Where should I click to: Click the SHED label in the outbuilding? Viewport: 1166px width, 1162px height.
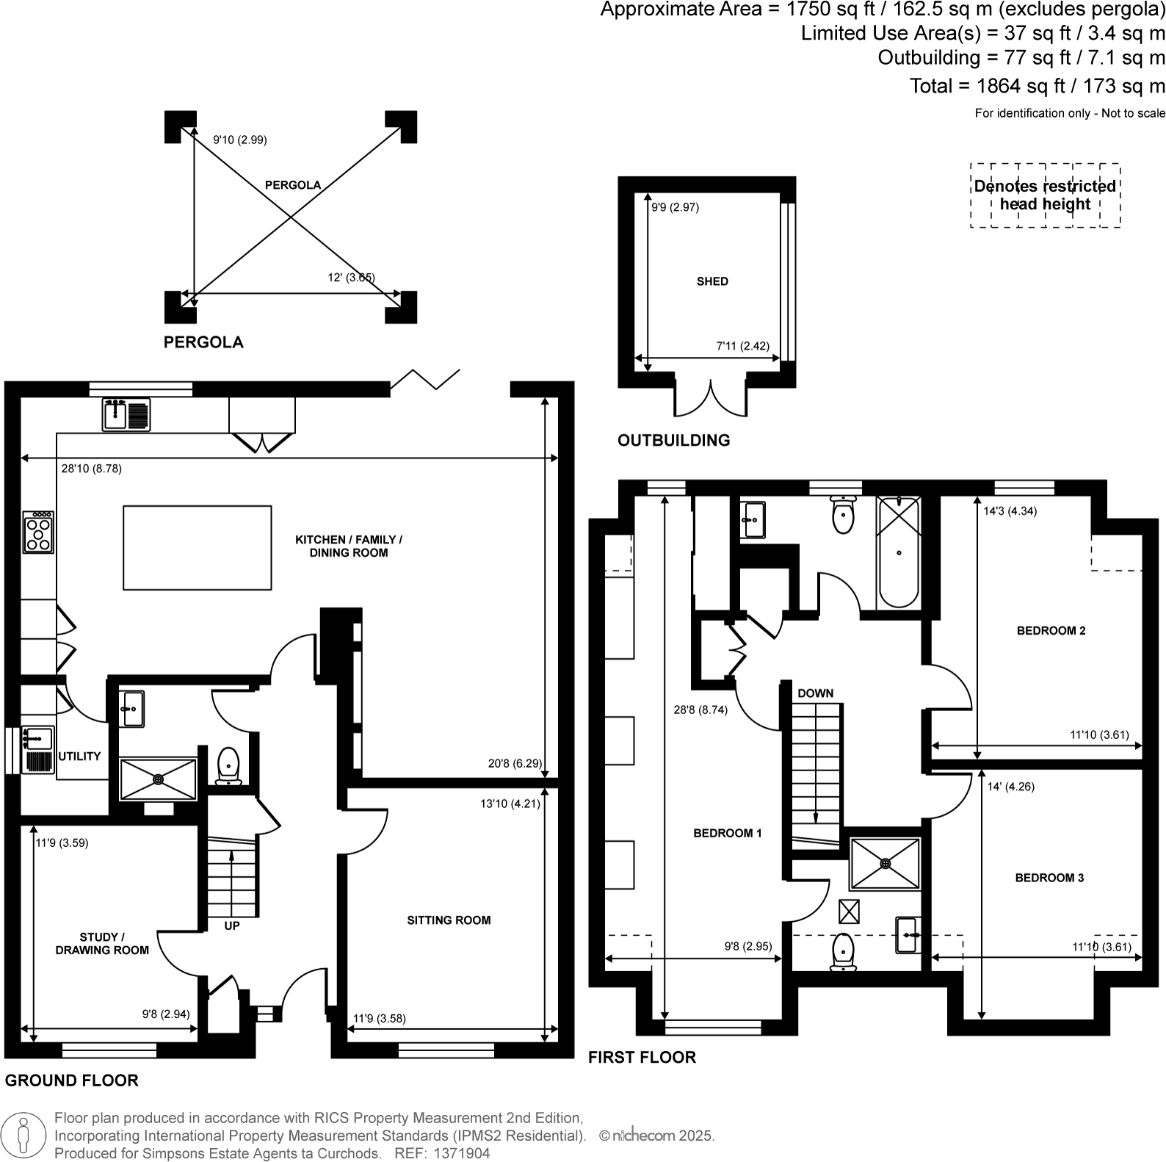click(x=712, y=281)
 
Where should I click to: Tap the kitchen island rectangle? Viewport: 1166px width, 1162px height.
click(x=197, y=547)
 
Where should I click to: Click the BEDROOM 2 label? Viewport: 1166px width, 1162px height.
click(x=1051, y=630)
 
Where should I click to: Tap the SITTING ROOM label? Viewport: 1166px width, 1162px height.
click(x=449, y=920)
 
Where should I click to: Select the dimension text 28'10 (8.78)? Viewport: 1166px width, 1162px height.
click(x=91, y=469)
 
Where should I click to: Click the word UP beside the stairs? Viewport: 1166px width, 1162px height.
click(x=232, y=926)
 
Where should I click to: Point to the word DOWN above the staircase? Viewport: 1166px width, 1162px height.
click(x=815, y=693)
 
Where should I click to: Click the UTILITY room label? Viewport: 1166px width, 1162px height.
click(x=79, y=756)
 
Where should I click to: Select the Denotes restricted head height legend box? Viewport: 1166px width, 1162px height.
click(x=1045, y=195)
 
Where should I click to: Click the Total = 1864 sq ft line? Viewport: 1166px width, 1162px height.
click(x=1037, y=86)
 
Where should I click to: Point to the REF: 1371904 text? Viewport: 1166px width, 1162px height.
click(x=442, y=1153)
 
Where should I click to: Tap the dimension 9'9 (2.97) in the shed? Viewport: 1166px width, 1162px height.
click(x=676, y=208)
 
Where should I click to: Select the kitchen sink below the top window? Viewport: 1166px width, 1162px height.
click(x=126, y=414)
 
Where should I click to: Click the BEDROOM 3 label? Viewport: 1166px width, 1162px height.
click(x=1049, y=878)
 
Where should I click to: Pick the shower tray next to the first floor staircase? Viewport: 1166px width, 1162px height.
click(x=885, y=863)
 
